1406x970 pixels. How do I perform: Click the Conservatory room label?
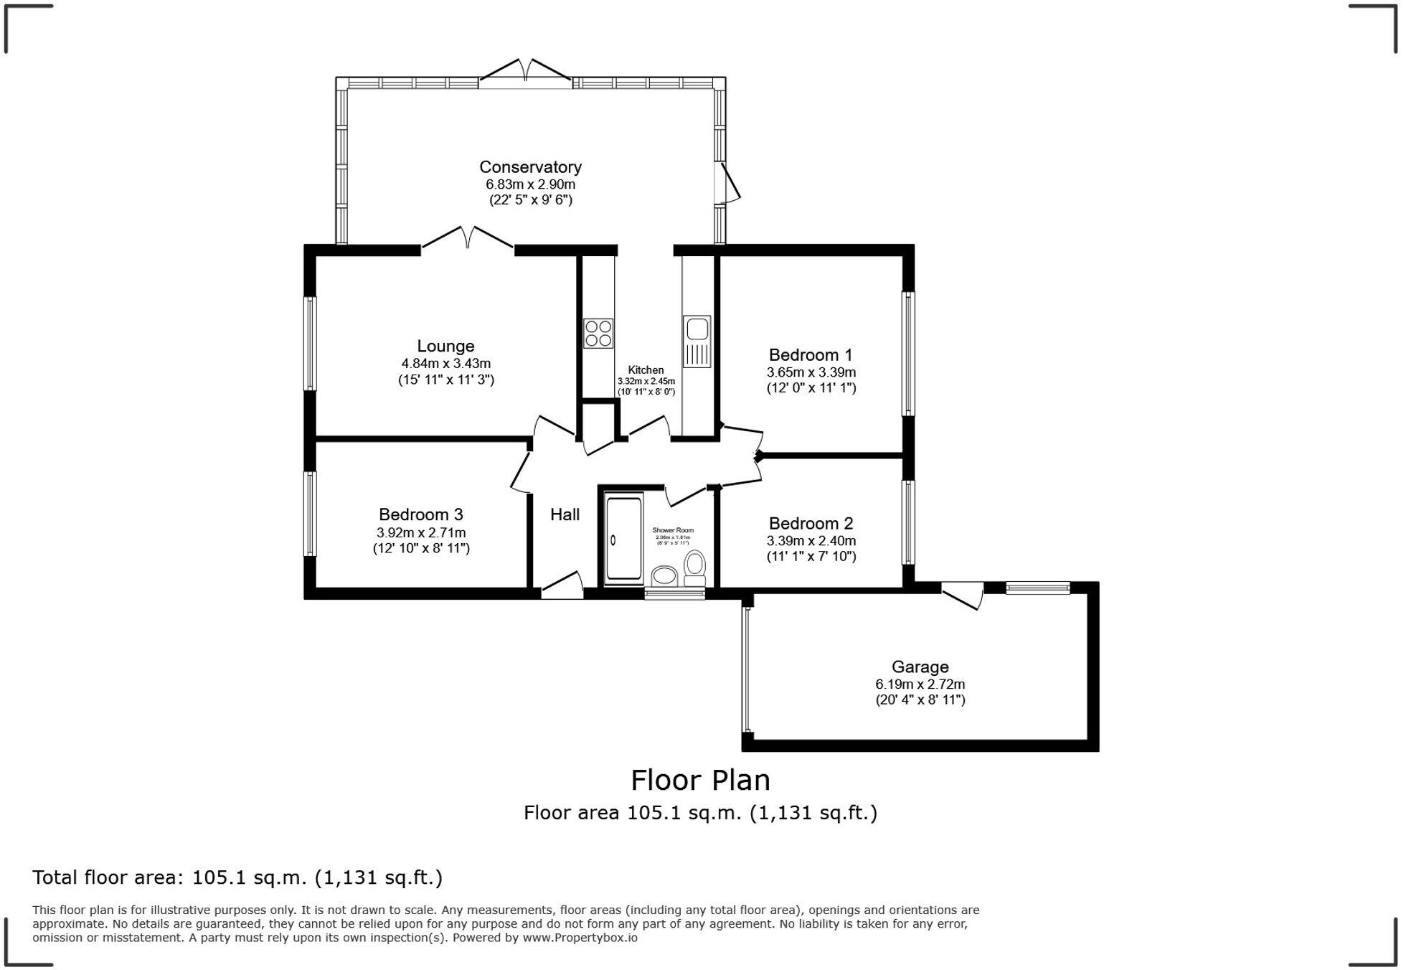pyautogui.click(x=530, y=167)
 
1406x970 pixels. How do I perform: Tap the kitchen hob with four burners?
pyautogui.click(x=598, y=334)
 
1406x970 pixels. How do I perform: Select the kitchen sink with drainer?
pyautogui.click(x=697, y=342)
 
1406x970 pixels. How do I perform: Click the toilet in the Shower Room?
pyautogui.click(x=694, y=564)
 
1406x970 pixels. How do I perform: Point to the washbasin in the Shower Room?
pyautogui.click(x=664, y=576)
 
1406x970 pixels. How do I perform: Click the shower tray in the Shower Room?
pyautogui.click(x=624, y=538)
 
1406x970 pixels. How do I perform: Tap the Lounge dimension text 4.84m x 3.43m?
pyautogui.click(x=445, y=364)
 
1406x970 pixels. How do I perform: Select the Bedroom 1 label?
pyautogui.click(x=811, y=355)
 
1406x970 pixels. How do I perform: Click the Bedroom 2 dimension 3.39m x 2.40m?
pyautogui.click(x=811, y=541)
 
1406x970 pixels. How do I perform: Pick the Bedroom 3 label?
pyautogui.click(x=421, y=514)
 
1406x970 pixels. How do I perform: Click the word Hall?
pyautogui.click(x=565, y=514)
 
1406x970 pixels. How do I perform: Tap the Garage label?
pyautogui.click(x=920, y=667)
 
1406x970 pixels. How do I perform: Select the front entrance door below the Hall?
pyautogui.click(x=562, y=586)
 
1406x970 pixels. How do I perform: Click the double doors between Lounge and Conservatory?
pyautogui.click(x=468, y=238)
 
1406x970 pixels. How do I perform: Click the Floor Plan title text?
pyautogui.click(x=700, y=780)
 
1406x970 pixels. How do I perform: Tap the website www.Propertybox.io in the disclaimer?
pyautogui.click(x=580, y=937)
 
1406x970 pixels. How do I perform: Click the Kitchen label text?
pyautogui.click(x=646, y=370)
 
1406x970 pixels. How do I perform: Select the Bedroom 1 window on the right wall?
pyautogui.click(x=908, y=354)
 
